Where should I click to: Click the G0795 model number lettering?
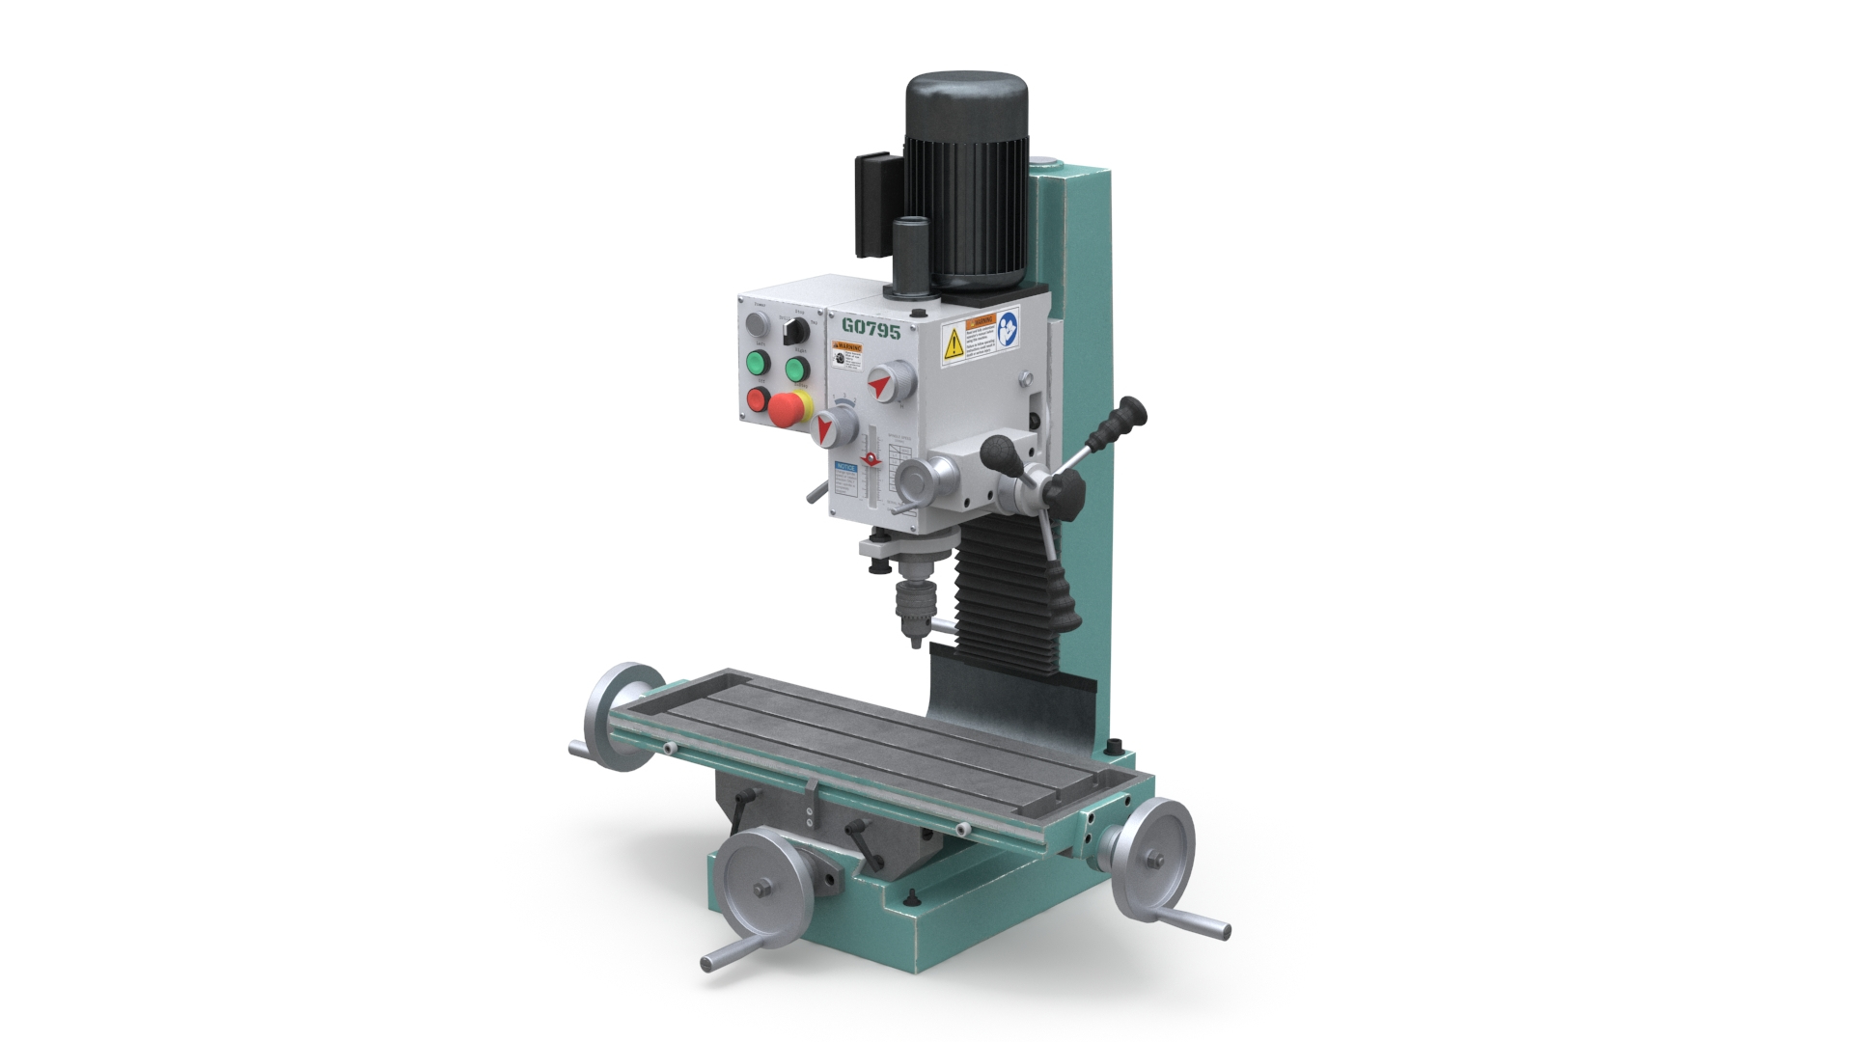point(871,329)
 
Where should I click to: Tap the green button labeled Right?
point(796,369)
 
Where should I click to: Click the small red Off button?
point(757,399)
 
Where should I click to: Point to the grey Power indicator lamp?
point(754,323)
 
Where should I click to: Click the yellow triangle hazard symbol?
point(953,342)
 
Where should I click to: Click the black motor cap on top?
point(966,106)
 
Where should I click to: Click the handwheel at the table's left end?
point(619,717)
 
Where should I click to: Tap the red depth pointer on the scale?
point(871,460)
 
